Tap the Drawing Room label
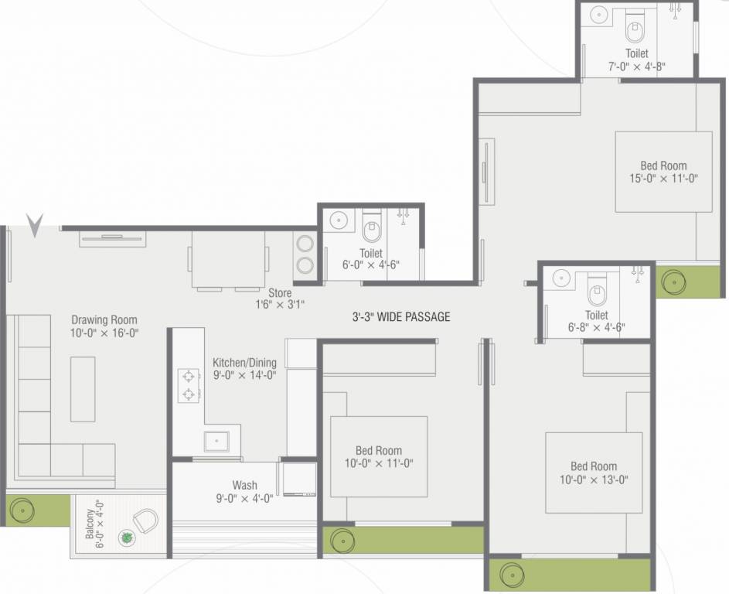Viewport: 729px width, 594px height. (x=104, y=319)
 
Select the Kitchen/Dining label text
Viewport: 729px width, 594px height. (x=244, y=362)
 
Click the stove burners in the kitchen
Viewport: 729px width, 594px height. (x=189, y=386)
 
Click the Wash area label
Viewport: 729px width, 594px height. (x=244, y=485)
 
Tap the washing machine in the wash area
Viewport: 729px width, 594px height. (x=298, y=480)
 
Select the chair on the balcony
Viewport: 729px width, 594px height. (x=145, y=520)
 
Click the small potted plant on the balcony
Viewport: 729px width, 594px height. (x=125, y=537)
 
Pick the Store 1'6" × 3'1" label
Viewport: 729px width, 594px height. (x=281, y=299)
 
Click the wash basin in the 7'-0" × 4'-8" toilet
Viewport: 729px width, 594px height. (x=598, y=14)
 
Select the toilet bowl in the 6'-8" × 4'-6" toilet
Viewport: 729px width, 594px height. (x=597, y=292)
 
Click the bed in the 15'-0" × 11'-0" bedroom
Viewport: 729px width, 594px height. (x=663, y=172)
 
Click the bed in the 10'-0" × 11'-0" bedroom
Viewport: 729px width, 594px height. (x=379, y=456)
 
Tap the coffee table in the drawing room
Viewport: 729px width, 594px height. (x=83, y=388)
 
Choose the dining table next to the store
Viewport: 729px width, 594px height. (x=228, y=259)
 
